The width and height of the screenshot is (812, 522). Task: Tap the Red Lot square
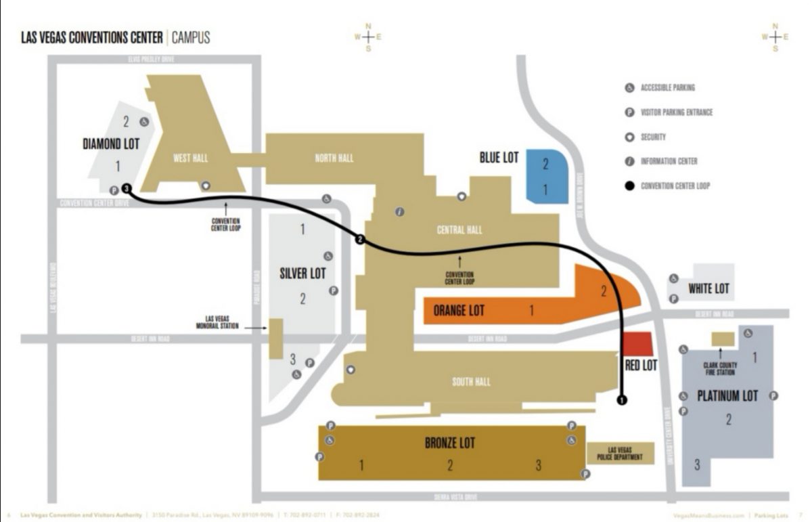637,344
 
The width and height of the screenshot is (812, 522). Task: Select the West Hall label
190,158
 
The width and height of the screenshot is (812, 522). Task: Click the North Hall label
334,158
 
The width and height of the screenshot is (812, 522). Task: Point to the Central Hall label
459,230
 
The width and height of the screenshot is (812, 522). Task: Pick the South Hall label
471,382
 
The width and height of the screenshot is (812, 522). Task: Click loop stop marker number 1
622,400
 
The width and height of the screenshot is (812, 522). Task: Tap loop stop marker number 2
360,240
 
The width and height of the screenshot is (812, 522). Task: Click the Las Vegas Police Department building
620,454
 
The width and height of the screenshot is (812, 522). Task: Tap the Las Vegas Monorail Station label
223,322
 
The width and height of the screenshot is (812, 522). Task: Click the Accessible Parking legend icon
629,88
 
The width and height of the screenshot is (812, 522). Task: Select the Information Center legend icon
629,161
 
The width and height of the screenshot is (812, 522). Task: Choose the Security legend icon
629,137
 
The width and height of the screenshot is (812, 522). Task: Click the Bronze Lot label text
450,443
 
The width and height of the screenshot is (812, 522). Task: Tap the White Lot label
708,289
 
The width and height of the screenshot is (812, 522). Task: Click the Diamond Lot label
111,144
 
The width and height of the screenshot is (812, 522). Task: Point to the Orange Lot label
459,311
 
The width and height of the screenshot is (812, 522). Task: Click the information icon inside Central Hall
400,212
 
